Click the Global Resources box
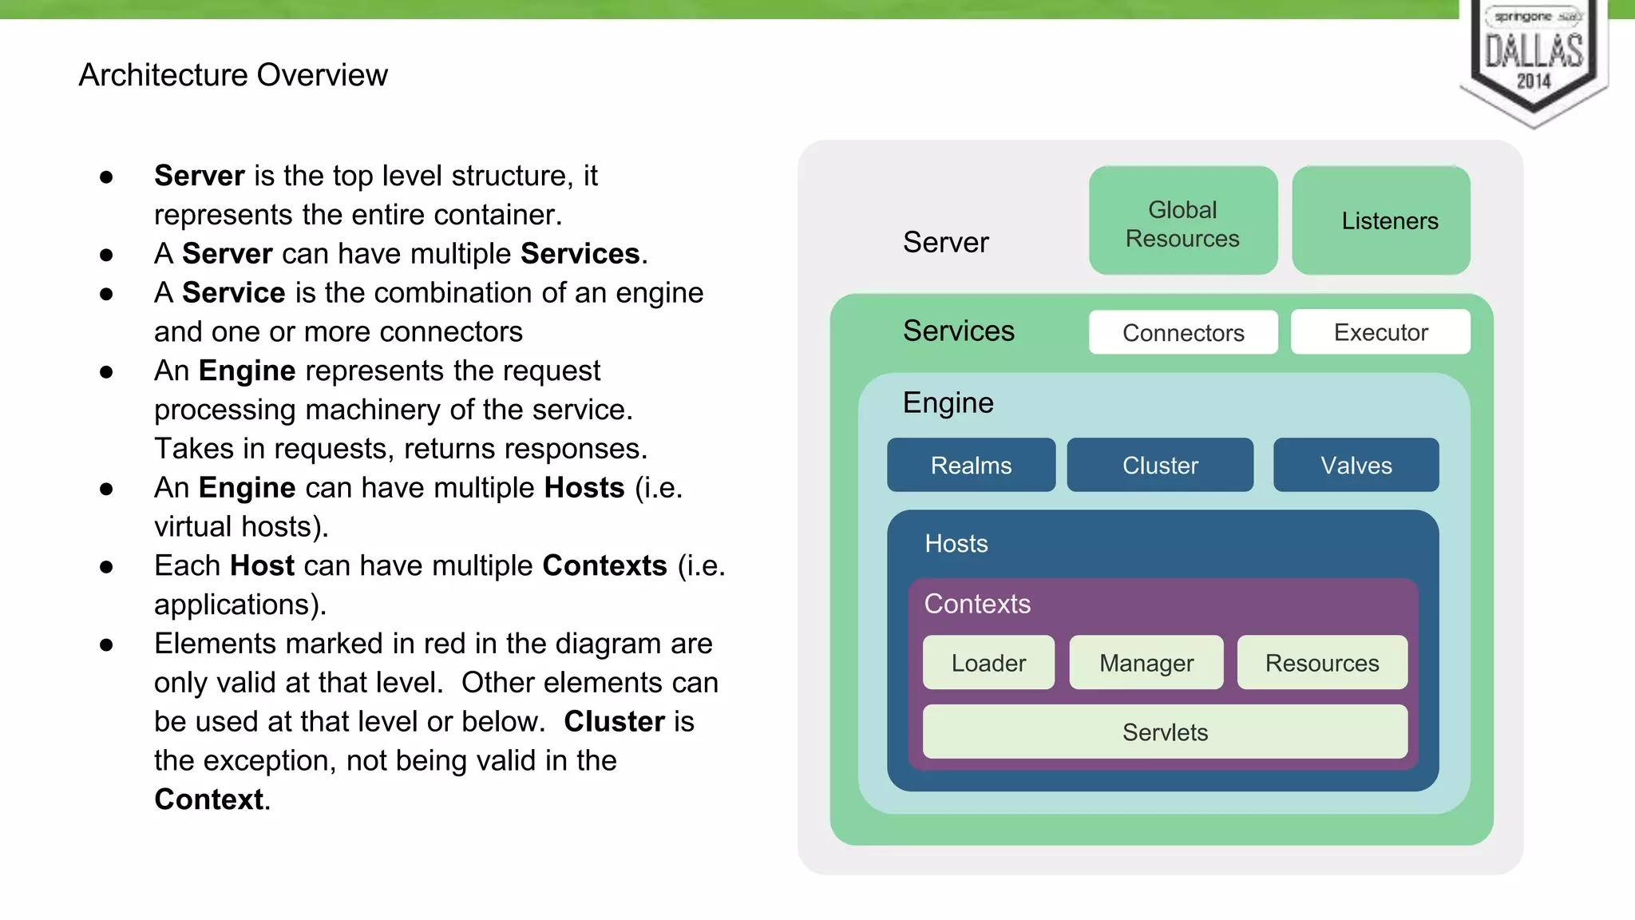[x=1182, y=221]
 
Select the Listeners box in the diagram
[x=1380, y=221]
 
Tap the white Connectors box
[x=1182, y=332]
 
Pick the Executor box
[x=1380, y=332]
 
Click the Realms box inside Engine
[x=971, y=465]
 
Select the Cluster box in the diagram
[x=1159, y=465]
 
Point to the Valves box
[x=1356, y=465]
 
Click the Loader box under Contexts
[x=988, y=662]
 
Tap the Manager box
[x=1146, y=662]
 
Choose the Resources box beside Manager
[x=1321, y=662]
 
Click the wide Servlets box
[x=1165, y=732]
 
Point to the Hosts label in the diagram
[x=956, y=544]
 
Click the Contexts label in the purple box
[x=977, y=604]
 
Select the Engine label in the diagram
[x=948, y=402]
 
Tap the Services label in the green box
[x=958, y=331]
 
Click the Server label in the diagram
[x=945, y=242]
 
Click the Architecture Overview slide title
[x=233, y=75]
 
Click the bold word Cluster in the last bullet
[x=614, y=721]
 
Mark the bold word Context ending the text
[x=208, y=799]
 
